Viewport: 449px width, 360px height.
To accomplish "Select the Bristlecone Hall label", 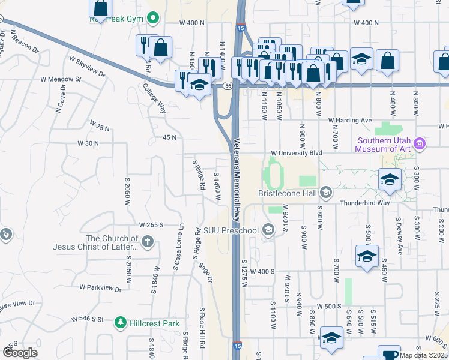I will [288, 193].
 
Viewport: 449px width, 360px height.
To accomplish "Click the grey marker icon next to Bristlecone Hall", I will [326, 193].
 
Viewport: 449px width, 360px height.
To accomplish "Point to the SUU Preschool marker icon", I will [268, 230].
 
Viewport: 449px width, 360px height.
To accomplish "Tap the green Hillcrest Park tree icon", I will [121, 323].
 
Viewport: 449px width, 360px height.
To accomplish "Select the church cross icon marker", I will [148, 242].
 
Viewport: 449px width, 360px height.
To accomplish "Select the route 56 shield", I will [228, 86].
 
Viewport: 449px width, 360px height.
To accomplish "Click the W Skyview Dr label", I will [87, 67].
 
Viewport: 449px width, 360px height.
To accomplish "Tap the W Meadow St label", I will [61, 79].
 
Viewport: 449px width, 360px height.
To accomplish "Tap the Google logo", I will [20, 353].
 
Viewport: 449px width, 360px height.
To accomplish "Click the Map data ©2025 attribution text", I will [423, 355].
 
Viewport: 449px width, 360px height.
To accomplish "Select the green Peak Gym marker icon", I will [153, 19].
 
